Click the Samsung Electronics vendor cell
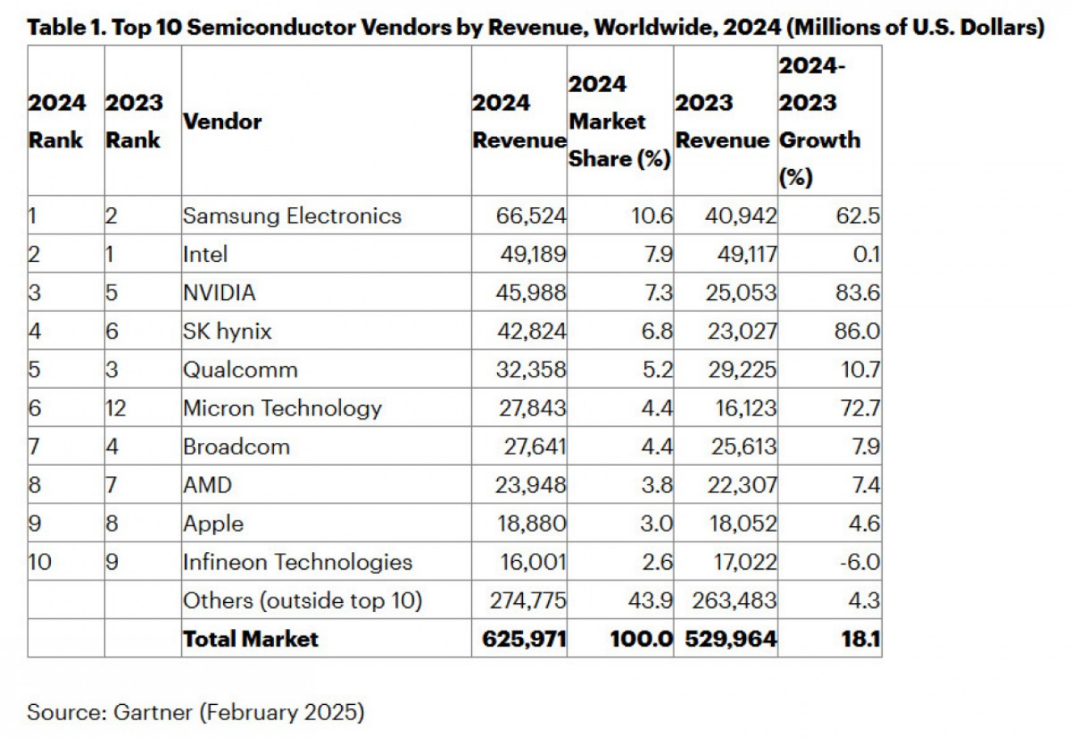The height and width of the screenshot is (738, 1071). pyautogui.click(x=292, y=216)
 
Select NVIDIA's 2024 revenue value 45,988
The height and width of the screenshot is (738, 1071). pyautogui.click(x=531, y=293)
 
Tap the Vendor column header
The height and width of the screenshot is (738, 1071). pyautogui.click(x=222, y=122)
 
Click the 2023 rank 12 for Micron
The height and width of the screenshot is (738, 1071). pyautogui.click(x=116, y=408)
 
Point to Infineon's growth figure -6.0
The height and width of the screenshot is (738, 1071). pyautogui.click(x=859, y=562)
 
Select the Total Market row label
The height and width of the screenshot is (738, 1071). pyautogui.click(x=251, y=639)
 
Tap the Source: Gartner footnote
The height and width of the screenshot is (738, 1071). pyautogui.click(x=196, y=712)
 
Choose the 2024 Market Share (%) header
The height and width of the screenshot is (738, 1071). pyautogui.click(x=619, y=122)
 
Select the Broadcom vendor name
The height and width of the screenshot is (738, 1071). pyautogui.click(x=236, y=447)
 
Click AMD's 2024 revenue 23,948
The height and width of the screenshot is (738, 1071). pyautogui.click(x=531, y=485)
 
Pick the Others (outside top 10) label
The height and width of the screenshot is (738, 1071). pyautogui.click(x=302, y=601)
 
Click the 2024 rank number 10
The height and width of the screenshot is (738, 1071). pyautogui.click(x=40, y=562)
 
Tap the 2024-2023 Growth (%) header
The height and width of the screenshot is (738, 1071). pyautogui.click(x=819, y=122)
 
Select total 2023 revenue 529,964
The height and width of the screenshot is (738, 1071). pyautogui.click(x=731, y=639)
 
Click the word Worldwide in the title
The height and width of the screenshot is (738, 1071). pyautogui.click(x=655, y=27)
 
